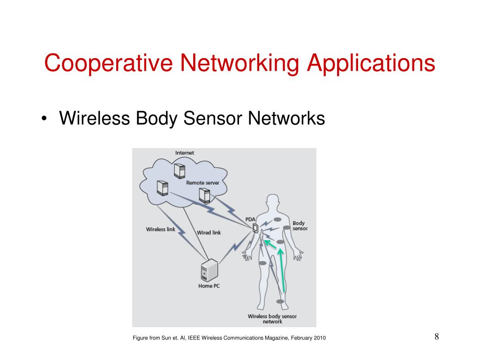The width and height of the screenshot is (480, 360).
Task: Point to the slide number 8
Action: [x=436, y=337]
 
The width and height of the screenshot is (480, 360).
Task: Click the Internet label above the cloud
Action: [x=185, y=153]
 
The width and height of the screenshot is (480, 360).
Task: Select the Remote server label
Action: [x=202, y=183]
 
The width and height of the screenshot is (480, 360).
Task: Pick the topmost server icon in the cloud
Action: [x=179, y=170]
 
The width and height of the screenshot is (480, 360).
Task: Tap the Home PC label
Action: [x=209, y=286]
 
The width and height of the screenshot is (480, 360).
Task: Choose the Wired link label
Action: [x=209, y=232]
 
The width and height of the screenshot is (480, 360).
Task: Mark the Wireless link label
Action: [x=160, y=229]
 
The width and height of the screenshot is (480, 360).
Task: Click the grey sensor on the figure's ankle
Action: [x=280, y=301]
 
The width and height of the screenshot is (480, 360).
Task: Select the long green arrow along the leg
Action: [x=282, y=270]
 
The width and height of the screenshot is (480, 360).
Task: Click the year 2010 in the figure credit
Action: [x=319, y=338]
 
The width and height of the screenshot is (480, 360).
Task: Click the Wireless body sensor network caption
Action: [x=272, y=319]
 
